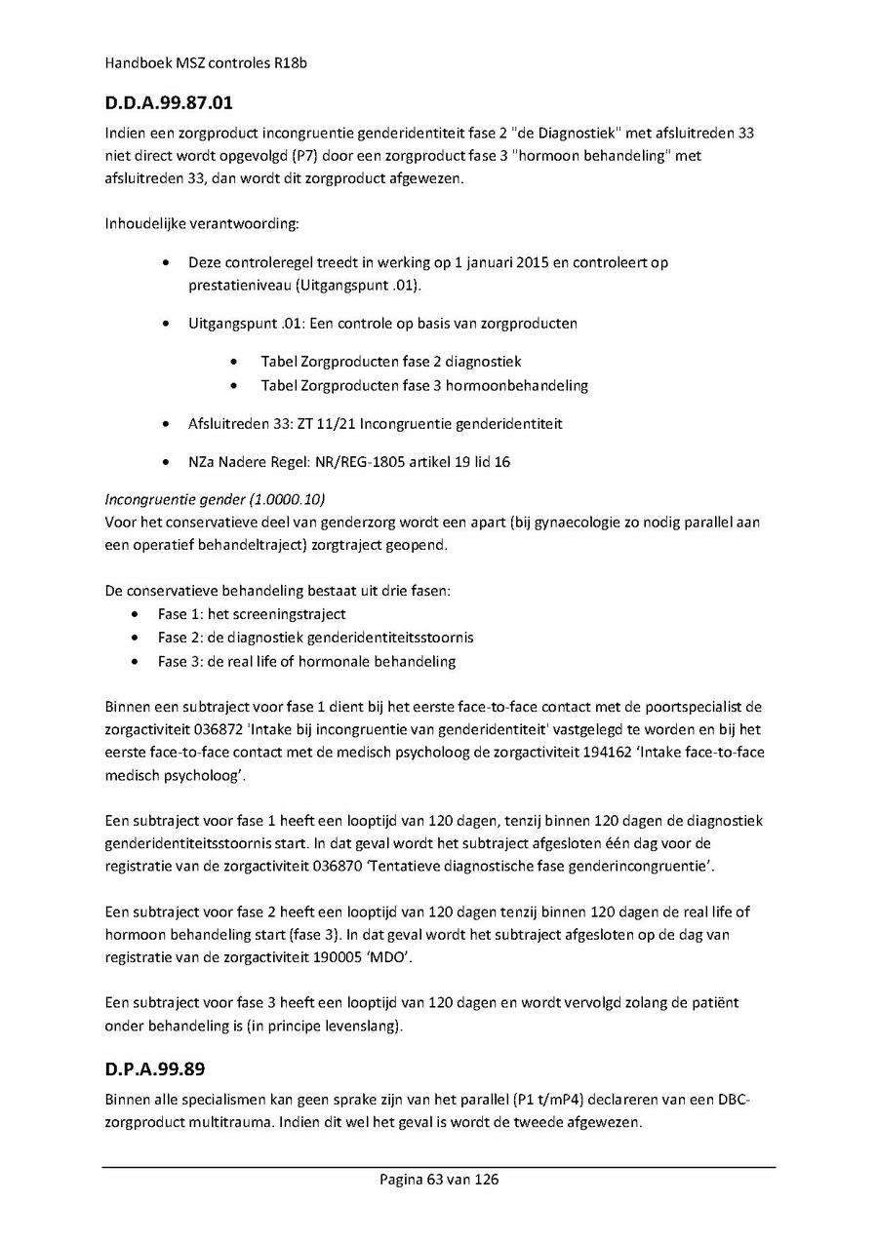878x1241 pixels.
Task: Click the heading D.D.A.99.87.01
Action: [x=168, y=101]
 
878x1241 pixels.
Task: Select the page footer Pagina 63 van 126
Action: [x=439, y=1180]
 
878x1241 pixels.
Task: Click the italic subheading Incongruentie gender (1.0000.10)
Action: [x=215, y=500]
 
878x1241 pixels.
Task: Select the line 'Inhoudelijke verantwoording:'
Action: [x=201, y=225]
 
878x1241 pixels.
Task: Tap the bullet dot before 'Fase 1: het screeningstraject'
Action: [x=135, y=615]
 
